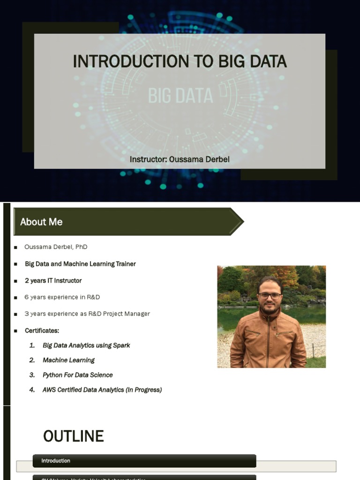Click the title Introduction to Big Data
(x=180, y=61)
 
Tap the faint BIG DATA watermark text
(x=180, y=96)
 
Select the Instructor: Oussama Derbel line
(x=180, y=159)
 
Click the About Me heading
(x=41, y=222)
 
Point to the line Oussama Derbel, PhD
(x=56, y=247)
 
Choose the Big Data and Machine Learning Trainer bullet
(x=80, y=264)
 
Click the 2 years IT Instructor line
(x=53, y=280)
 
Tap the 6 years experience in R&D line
(x=62, y=297)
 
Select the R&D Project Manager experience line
(x=87, y=314)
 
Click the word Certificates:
(x=42, y=330)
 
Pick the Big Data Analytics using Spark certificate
(x=86, y=345)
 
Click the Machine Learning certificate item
(x=68, y=360)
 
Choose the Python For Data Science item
(x=77, y=375)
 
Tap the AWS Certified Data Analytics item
(x=102, y=390)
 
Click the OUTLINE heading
(x=74, y=436)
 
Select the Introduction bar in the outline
(x=144, y=461)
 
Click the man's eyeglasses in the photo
(x=270, y=296)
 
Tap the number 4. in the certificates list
(x=32, y=390)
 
